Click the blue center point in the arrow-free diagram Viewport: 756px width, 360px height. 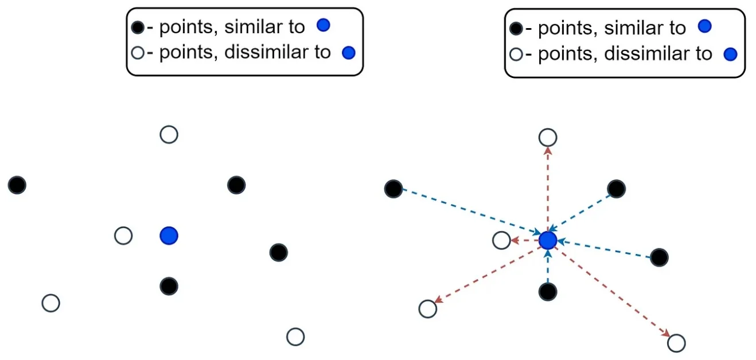pos(169,235)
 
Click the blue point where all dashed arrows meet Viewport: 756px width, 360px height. pos(548,240)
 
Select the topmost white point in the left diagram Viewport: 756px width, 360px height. pos(169,135)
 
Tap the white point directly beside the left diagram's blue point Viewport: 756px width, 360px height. pos(123,236)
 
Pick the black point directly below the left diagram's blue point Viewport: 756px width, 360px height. pos(169,285)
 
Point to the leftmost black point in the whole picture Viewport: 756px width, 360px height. pos(17,185)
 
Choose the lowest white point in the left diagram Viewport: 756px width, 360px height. pos(295,336)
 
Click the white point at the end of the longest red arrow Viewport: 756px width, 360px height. pos(677,343)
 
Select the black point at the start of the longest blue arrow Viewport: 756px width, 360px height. pos(393,188)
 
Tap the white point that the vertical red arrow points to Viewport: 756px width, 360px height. pos(548,138)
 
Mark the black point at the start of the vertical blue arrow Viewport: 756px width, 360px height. pos(548,292)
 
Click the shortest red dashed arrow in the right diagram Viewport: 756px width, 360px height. pos(523,241)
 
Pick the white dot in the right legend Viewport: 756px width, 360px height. pos(515,55)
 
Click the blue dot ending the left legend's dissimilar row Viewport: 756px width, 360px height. pos(348,53)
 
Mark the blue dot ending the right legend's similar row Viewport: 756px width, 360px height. pos(704,26)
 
